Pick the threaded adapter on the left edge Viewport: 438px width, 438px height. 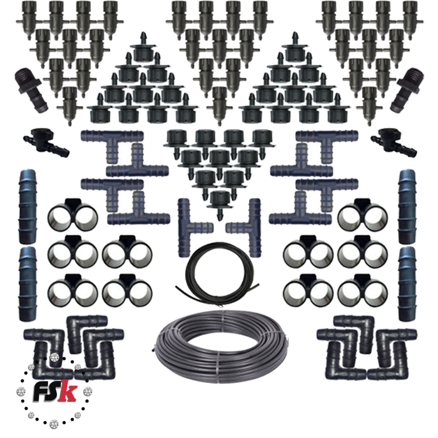pyautogui.click(x=31, y=90)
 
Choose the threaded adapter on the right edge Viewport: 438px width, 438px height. pyautogui.click(x=407, y=90)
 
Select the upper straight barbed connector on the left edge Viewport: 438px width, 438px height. pyautogui.click(x=28, y=206)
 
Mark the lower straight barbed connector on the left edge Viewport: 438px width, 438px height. pyautogui.click(x=28, y=283)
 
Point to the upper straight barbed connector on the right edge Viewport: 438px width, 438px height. pyautogui.click(x=407, y=206)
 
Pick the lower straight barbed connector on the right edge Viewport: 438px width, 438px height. pyautogui.click(x=407, y=283)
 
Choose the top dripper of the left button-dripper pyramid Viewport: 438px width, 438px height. pyautogui.click(x=143, y=48)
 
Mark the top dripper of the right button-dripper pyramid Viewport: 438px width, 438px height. pyautogui.click(x=295, y=48)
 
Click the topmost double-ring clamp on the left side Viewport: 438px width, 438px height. pyautogui.click(x=73, y=215)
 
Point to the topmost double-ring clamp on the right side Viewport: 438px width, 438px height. pyautogui.click(x=363, y=215)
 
